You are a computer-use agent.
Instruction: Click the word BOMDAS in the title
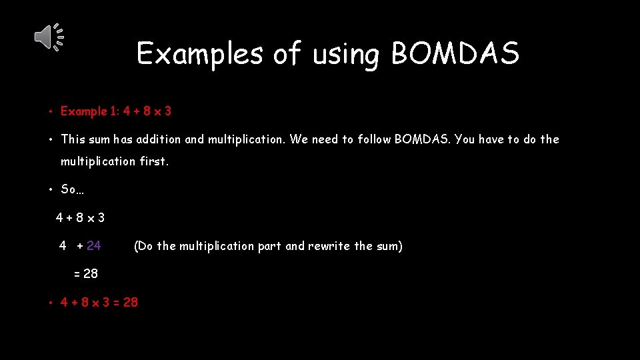click(x=455, y=54)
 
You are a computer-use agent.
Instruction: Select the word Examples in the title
click(x=199, y=54)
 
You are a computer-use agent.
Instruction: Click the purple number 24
click(x=94, y=246)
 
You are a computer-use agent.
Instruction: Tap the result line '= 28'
click(x=86, y=273)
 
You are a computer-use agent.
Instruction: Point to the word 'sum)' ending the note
click(x=389, y=246)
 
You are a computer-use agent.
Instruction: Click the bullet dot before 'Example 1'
click(x=51, y=112)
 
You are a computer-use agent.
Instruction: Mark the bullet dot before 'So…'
click(x=51, y=190)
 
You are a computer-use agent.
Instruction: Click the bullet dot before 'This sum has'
click(x=51, y=140)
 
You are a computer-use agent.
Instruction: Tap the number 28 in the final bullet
click(x=131, y=302)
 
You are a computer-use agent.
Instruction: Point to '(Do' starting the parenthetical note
click(x=143, y=246)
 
